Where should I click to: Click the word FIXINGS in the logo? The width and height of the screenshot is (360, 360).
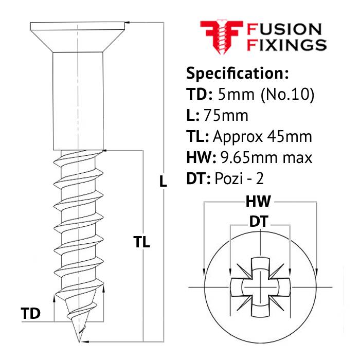click(x=287, y=45)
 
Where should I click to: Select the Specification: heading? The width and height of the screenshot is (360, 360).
click(x=237, y=73)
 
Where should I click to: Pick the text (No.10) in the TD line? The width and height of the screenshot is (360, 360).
click(x=289, y=94)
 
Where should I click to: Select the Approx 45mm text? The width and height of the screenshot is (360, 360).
click(x=262, y=136)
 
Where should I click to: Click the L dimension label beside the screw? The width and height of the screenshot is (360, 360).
click(x=163, y=181)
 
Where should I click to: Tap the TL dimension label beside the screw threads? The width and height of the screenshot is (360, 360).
click(x=141, y=242)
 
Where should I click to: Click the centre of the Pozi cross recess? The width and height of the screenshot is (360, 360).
click(x=261, y=285)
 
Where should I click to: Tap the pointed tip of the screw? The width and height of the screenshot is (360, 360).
click(x=79, y=339)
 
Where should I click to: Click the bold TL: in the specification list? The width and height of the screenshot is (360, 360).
click(x=196, y=136)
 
